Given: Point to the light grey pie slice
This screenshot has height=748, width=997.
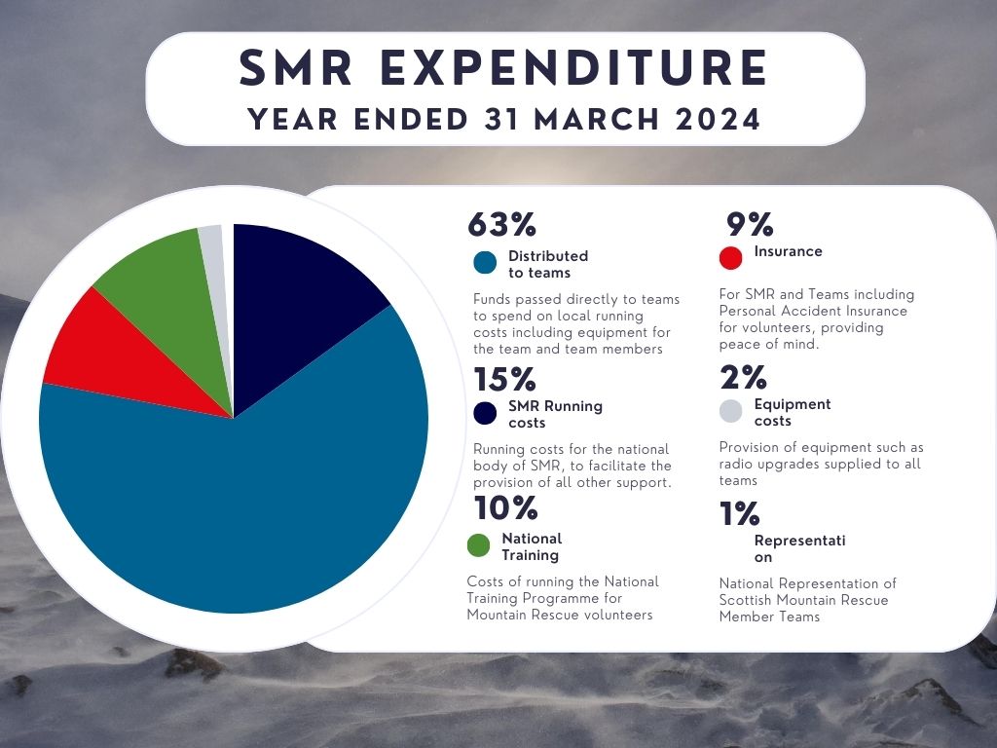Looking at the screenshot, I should tap(211, 240).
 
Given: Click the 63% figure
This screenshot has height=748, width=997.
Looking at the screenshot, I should tap(502, 224).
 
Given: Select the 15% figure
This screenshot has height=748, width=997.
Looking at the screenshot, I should tap(505, 379).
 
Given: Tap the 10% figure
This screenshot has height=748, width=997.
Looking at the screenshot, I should tap(505, 507).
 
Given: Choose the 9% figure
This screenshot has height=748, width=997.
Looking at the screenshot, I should tap(751, 225).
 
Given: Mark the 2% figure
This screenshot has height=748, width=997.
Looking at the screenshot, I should tap(744, 378).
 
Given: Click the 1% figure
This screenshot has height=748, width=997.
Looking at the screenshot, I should tap(741, 513).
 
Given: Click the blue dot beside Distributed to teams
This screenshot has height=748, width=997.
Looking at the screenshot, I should tap(485, 263).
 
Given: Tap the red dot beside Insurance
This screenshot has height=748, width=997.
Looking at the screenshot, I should tap(730, 258).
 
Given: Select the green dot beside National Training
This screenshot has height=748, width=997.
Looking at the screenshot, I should tap(478, 545).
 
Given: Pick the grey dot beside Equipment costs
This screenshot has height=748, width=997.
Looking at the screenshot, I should tap(731, 411).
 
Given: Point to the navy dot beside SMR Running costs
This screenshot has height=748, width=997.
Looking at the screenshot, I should tap(485, 413).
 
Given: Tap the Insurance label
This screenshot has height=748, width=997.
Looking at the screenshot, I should tap(788, 251).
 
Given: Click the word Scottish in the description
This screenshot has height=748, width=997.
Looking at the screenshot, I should tap(747, 600).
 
